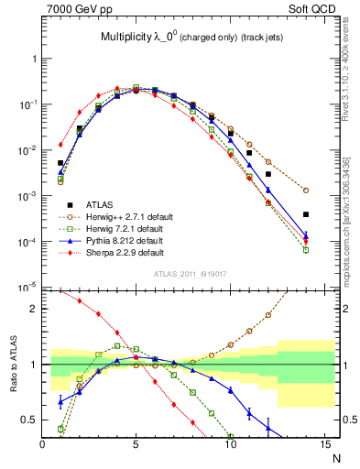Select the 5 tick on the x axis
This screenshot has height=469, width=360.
click(136, 445)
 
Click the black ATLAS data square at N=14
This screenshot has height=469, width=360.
click(306, 214)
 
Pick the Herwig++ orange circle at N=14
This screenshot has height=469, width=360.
click(306, 191)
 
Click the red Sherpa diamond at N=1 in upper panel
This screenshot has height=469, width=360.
click(60, 144)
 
